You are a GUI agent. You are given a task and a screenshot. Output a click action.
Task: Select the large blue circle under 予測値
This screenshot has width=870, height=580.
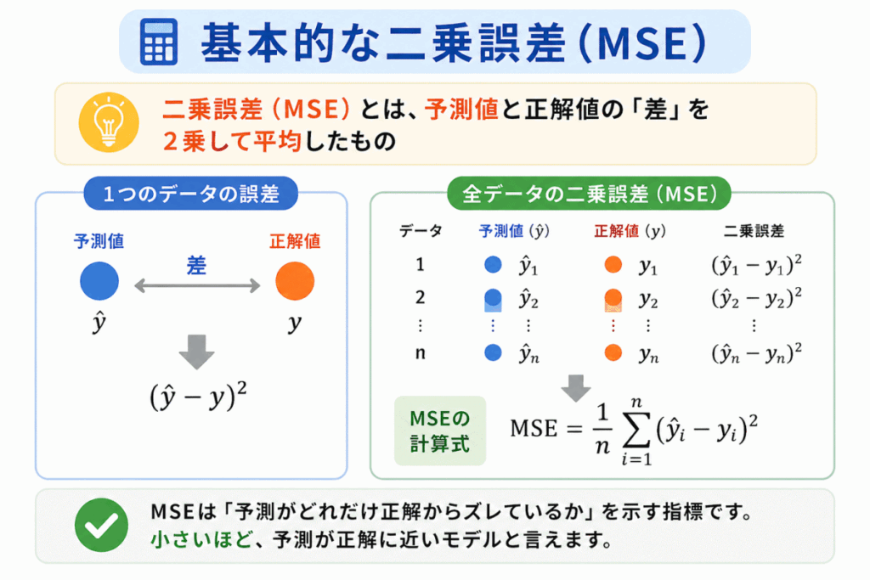pyautogui.click(x=99, y=282)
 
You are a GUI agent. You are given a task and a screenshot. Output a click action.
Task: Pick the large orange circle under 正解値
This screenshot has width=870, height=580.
pyautogui.click(x=295, y=282)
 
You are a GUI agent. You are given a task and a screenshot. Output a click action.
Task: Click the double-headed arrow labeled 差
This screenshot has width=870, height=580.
pyautogui.click(x=197, y=287)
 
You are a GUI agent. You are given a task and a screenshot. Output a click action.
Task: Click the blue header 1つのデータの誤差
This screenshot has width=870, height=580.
pyautogui.click(x=191, y=194)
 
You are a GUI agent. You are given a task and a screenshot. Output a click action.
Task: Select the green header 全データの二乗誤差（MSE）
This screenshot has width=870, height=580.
pyautogui.click(x=588, y=194)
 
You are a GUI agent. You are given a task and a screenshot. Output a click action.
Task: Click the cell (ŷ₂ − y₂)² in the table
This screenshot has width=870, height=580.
pyautogui.click(x=756, y=298)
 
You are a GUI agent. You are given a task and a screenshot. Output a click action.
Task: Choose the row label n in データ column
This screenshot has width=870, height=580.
pyautogui.click(x=420, y=353)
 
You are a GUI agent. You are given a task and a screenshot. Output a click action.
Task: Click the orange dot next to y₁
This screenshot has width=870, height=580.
pyautogui.click(x=613, y=265)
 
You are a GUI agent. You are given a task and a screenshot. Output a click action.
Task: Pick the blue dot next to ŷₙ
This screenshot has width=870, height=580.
pyautogui.click(x=492, y=353)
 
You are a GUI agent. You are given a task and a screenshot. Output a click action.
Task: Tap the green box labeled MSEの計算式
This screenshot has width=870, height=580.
pyautogui.click(x=440, y=431)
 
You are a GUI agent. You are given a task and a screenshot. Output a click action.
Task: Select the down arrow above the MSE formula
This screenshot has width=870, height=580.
pyautogui.click(x=575, y=387)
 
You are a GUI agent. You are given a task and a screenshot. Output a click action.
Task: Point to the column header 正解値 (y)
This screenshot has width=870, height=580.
pyautogui.click(x=630, y=231)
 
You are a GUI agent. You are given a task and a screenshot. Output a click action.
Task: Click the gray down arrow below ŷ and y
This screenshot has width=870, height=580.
pyautogui.click(x=197, y=352)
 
